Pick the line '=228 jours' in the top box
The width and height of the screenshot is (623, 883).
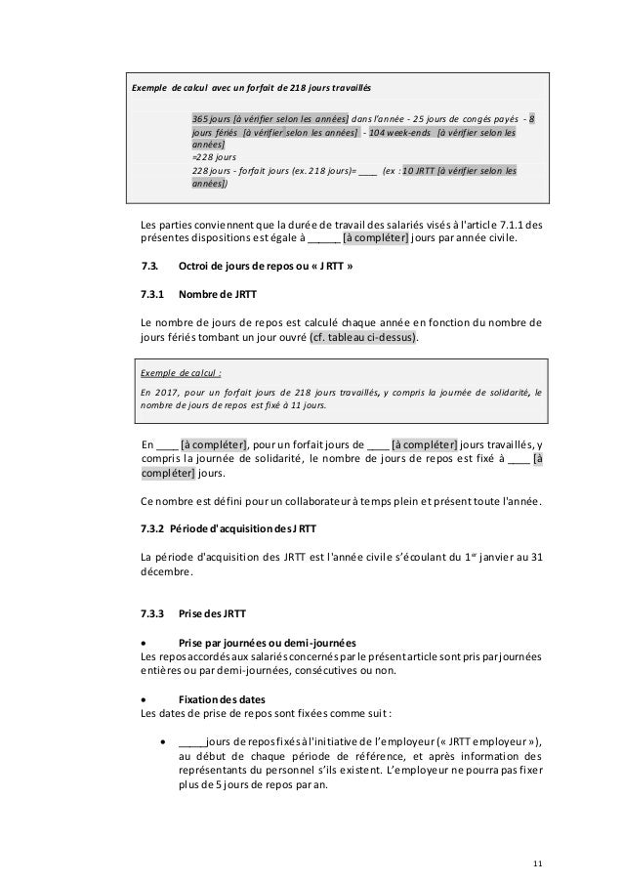[215, 154]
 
